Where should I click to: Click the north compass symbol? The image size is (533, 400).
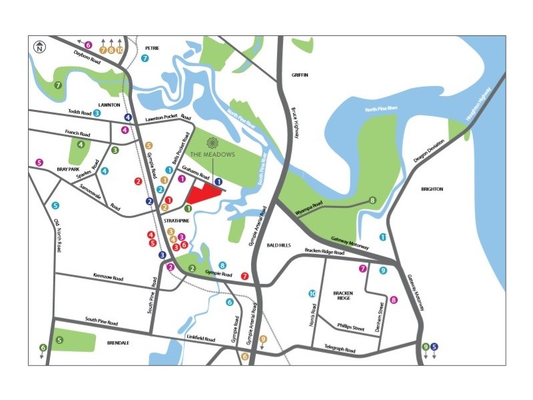[x=40, y=47]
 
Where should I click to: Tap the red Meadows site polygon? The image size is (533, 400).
[x=203, y=194]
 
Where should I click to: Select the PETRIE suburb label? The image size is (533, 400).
[x=153, y=48]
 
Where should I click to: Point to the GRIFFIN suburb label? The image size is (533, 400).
[x=300, y=75]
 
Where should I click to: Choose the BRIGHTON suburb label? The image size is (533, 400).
[x=432, y=189]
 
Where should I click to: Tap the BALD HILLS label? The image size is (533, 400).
[x=279, y=245]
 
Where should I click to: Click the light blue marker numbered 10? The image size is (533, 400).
[x=312, y=293]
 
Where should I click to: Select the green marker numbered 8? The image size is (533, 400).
[x=372, y=200]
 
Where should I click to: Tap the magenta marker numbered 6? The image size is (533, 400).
[x=88, y=45]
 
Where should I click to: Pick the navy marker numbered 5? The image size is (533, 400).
[x=434, y=346]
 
